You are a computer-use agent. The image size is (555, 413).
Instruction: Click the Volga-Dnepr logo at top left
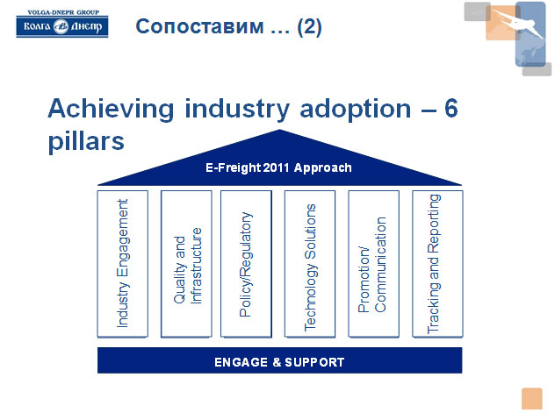(x=62, y=24)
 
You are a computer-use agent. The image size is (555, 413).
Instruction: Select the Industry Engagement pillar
(x=122, y=264)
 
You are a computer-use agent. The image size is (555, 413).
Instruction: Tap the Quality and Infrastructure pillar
(x=186, y=264)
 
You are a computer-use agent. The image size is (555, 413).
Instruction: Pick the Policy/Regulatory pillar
(x=247, y=264)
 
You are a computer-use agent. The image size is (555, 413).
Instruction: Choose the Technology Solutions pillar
(x=310, y=264)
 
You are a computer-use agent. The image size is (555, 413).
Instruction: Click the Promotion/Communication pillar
(x=374, y=264)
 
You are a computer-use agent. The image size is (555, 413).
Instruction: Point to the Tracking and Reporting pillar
(x=437, y=264)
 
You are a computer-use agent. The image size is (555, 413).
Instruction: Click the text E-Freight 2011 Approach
(x=279, y=167)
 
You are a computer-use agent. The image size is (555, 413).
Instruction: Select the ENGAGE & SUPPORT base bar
(x=279, y=360)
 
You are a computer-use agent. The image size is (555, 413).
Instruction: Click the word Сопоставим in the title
(x=200, y=26)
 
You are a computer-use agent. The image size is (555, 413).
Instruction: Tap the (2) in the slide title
(x=309, y=27)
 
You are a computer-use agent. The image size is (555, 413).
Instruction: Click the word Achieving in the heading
(x=112, y=109)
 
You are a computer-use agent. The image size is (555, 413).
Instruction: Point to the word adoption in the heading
(x=356, y=109)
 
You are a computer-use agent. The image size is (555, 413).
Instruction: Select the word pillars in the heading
(x=86, y=141)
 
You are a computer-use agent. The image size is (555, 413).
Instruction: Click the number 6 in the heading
(x=451, y=108)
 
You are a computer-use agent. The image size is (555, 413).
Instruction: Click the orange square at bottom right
(x=531, y=398)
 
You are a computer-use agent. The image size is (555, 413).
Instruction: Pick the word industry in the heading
(x=237, y=109)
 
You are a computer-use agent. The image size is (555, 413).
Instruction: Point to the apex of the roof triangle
(x=279, y=130)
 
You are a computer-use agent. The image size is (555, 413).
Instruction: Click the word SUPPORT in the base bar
(x=314, y=362)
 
